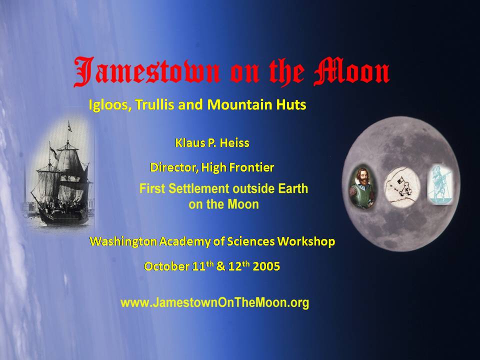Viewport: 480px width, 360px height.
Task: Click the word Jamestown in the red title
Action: point(147,71)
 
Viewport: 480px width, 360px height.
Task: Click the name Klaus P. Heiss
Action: point(212,143)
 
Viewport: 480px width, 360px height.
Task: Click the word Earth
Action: point(292,188)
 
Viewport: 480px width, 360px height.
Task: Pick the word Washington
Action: point(123,242)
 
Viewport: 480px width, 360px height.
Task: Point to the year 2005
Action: point(266,266)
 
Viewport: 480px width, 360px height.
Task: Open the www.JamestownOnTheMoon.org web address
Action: point(214,303)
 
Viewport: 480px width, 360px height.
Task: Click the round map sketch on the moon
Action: point(402,187)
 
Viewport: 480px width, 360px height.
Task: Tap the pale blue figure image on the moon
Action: point(440,184)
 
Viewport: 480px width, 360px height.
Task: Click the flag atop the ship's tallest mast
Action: point(70,127)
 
